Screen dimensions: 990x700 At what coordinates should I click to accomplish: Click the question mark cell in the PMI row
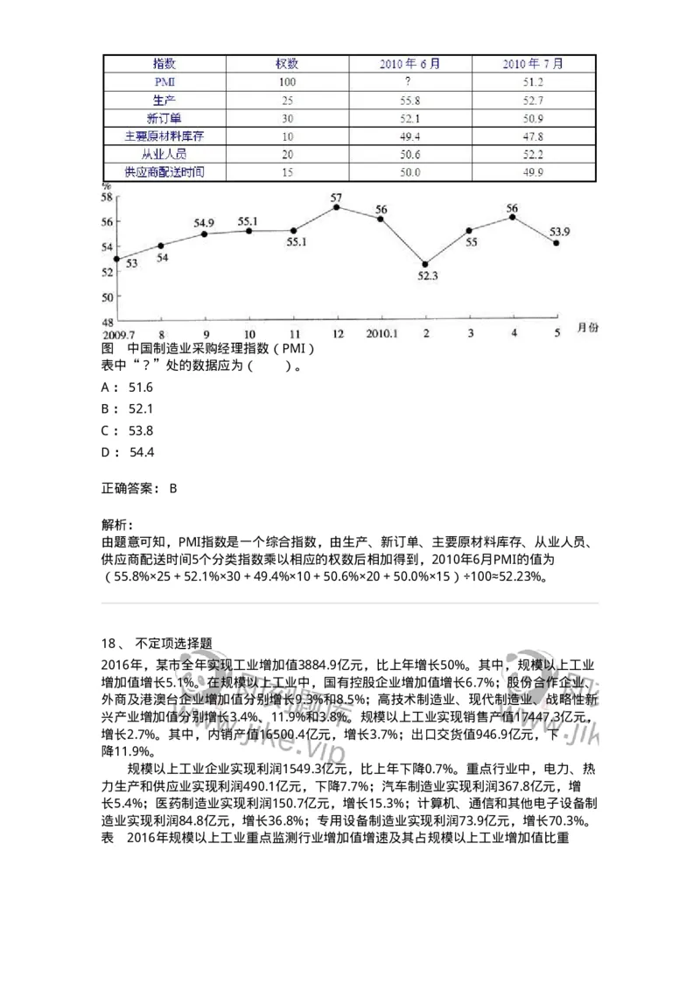tap(409, 81)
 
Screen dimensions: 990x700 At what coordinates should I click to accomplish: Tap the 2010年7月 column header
tap(533, 64)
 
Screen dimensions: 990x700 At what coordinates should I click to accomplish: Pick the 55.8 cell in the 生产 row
tap(409, 100)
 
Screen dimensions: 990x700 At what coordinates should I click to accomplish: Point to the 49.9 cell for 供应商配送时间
tap(533, 172)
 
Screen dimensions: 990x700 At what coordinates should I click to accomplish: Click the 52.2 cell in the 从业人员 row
tap(533, 154)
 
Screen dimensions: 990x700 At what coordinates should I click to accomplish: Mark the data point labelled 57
tap(337, 207)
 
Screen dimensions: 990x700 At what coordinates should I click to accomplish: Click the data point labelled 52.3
tap(425, 264)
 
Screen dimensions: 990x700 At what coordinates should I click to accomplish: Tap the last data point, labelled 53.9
tap(556, 243)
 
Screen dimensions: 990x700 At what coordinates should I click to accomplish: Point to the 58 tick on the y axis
tap(108, 198)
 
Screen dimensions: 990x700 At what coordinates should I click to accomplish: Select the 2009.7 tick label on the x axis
tap(119, 334)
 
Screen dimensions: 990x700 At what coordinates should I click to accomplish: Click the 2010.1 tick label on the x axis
tap(382, 334)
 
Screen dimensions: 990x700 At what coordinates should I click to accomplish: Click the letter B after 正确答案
tap(173, 489)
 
